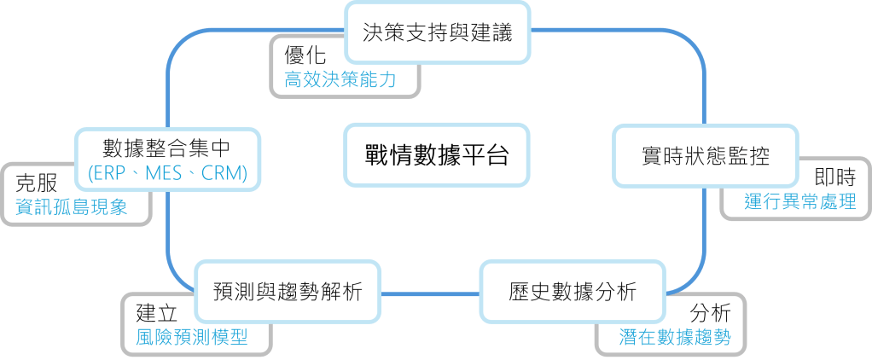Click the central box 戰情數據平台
click(436, 156)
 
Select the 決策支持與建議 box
click(436, 34)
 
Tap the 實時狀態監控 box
click(705, 157)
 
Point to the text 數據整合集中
click(167, 146)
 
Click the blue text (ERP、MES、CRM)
click(167, 174)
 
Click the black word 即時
click(834, 178)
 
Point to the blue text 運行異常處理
click(799, 202)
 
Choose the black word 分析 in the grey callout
click(711, 311)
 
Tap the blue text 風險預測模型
click(192, 336)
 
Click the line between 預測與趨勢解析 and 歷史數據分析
click(430, 293)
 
